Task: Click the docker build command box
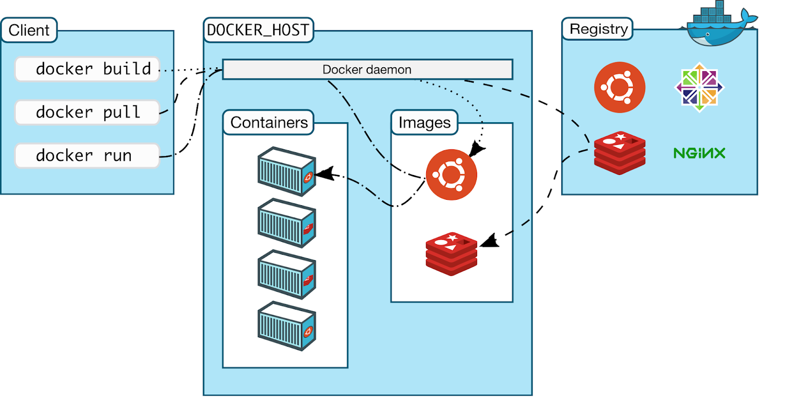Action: [87, 69]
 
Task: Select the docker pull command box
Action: [87, 112]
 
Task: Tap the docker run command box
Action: [87, 156]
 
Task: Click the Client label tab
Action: [29, 30]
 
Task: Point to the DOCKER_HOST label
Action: [258, 30]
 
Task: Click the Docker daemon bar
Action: [367, 70]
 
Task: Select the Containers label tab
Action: [269, 123]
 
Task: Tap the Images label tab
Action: [424, 123]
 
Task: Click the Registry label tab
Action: [597, 29]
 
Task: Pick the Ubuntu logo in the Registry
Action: [619, 87]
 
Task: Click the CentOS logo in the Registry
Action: [699, 87]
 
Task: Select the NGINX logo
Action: [699, 153]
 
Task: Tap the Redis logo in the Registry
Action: [620, 153]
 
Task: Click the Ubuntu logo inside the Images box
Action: [451, 175]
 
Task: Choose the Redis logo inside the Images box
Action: [451, 254]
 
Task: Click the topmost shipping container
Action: [287, 172]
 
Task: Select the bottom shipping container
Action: [287, 326]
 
